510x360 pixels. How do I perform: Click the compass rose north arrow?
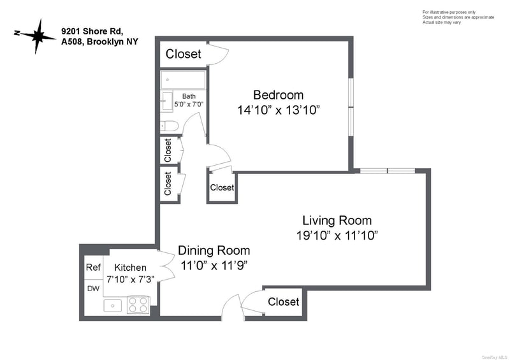coord(35,36)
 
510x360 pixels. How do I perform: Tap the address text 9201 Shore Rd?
coord(92,31)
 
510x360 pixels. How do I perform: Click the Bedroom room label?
coord(278,95)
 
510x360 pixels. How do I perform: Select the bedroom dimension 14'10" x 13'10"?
coord(279,110)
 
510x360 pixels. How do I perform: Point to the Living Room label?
coord(337,220)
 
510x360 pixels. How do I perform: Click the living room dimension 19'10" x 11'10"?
coord(337,235)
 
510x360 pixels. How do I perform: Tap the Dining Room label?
coord(214,250)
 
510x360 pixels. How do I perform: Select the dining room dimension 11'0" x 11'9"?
coord(214,266)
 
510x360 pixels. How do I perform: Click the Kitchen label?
coord(130,268)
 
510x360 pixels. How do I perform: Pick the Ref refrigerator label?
coord(93,268)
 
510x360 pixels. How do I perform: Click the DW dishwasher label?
coord(93,289)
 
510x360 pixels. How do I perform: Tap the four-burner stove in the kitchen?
coord(138,305)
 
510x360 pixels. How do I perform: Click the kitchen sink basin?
coord(113,306)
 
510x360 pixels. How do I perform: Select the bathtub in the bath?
coord(183,80)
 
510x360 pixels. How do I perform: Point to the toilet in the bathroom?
coord(170,126)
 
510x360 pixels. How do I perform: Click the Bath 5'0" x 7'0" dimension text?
coord(189,101)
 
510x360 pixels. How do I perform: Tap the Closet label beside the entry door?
coord(283,302)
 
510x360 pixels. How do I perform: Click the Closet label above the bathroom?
coord(183,54)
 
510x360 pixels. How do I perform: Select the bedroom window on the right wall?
coord(351,106)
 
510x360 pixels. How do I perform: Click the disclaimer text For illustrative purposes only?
coord(449,12)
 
